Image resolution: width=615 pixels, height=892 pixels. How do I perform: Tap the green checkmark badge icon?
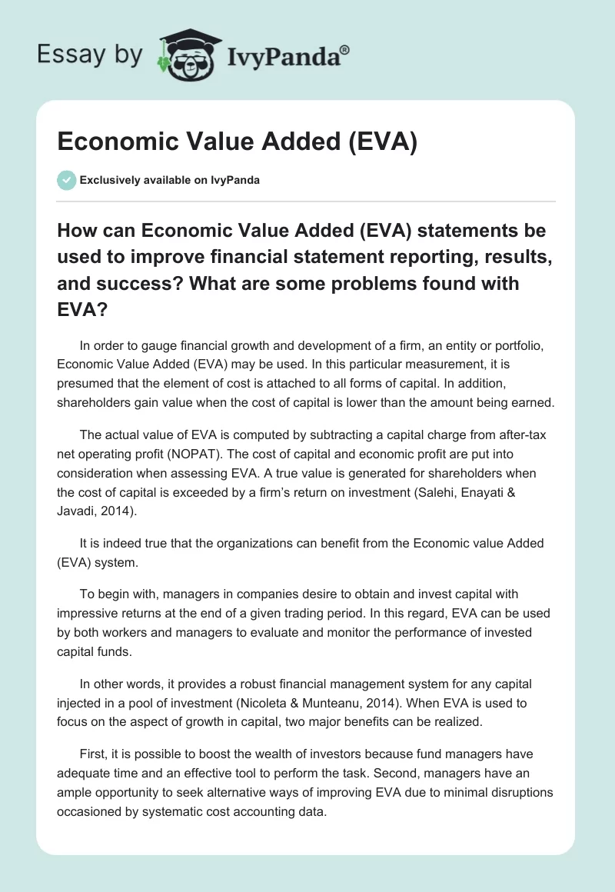(x=67, y=180)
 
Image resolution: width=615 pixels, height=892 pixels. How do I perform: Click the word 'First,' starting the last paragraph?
(x=95, y=754)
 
